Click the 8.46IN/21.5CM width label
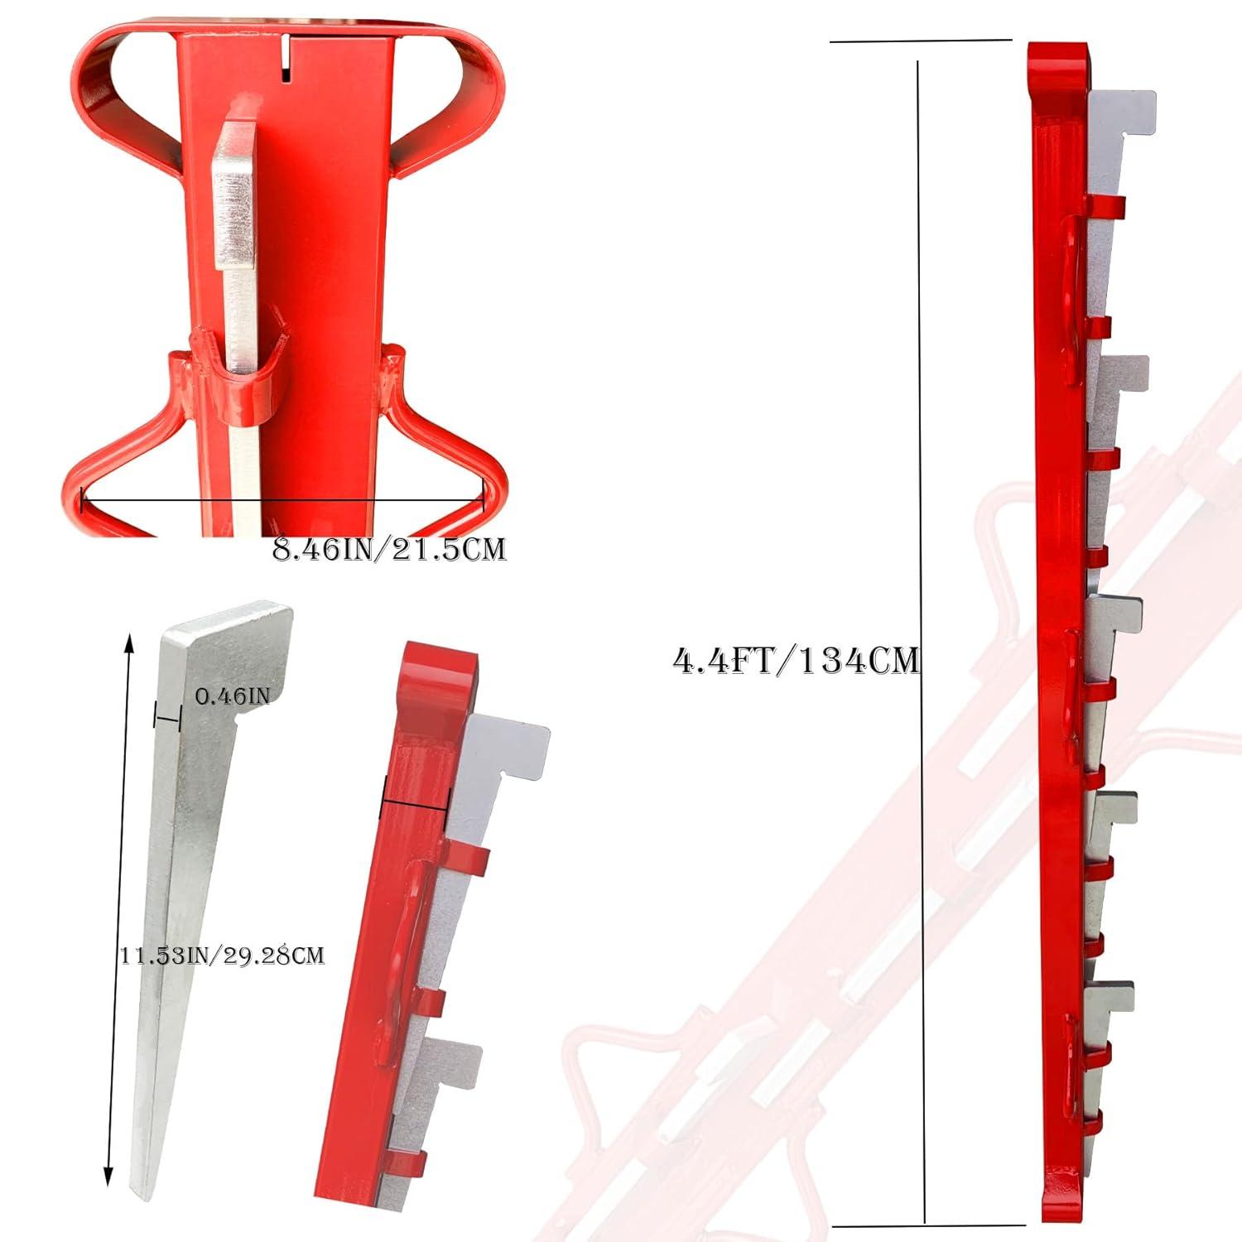pos(388,549)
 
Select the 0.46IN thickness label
pos(233,696)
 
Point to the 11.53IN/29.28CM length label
pos(222,956)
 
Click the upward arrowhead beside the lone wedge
pos(128,641)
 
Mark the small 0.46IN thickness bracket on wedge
pos(166,717)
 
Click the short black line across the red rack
pos(415,799)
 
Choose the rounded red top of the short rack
pos(438,671)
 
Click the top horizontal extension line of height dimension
pos(921,40)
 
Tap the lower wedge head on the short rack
pos(451,1064)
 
